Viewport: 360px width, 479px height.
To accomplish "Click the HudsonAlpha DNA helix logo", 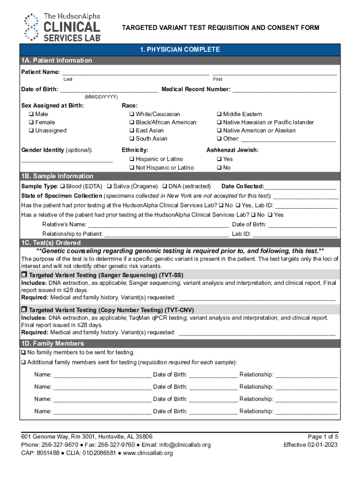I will point(31,27).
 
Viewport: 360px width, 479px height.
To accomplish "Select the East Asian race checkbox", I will point(132,131).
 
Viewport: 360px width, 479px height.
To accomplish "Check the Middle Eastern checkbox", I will point(219,114).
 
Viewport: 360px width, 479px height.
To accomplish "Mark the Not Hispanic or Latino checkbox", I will point(132,167).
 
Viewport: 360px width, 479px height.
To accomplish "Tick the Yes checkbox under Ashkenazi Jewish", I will point(219,159).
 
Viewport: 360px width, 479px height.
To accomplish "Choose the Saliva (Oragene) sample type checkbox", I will point(109,186).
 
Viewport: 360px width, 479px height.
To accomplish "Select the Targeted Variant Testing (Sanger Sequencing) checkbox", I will point(24,274).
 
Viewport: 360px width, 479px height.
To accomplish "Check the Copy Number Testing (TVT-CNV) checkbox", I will point(24,310).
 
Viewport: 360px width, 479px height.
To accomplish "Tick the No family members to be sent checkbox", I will point(23,352).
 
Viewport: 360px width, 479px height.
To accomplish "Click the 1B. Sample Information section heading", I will point(57,176).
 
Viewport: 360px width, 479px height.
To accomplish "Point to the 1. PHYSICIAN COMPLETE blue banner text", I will point(180,50).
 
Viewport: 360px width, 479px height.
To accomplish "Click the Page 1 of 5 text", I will point(323,436).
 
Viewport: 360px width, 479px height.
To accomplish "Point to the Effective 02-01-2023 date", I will point(311,445).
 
